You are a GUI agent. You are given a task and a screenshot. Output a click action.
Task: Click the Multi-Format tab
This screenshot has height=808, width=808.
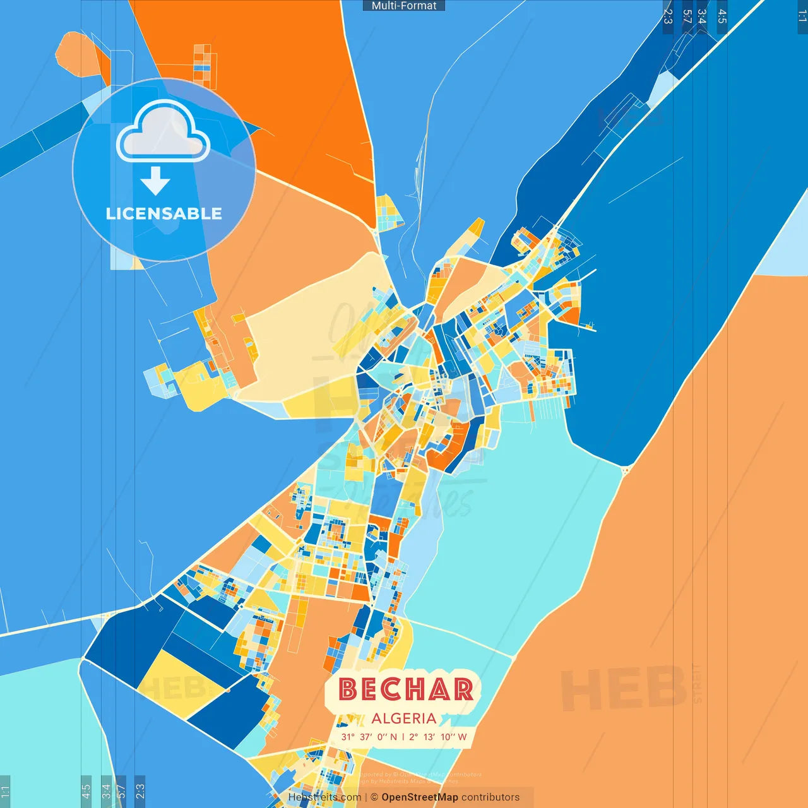tap(404, 6)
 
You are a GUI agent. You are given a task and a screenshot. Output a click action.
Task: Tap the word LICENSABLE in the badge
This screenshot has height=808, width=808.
tap(164, 213)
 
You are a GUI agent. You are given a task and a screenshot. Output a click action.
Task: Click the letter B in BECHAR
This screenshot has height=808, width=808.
tap(348, 689)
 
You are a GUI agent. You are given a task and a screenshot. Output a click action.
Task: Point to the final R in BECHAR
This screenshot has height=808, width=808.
tap(463, 689)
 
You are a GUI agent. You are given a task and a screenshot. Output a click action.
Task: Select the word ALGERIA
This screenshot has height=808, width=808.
tap(404, 718)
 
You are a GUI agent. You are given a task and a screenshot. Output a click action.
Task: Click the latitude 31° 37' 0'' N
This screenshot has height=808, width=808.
tap(369, 737)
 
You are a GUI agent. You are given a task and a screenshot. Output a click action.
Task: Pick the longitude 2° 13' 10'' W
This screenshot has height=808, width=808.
tap(438, 737)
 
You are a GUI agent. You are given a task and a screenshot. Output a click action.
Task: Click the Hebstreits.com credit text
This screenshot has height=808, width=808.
tap(324, 797)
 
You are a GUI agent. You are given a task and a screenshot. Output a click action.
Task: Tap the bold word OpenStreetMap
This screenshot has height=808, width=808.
tap(420, 797)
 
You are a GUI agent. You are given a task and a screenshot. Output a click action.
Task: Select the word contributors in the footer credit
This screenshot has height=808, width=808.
tap(490, 797)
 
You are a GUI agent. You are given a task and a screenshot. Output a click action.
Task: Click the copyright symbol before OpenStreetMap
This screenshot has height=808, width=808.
tap(374, 797)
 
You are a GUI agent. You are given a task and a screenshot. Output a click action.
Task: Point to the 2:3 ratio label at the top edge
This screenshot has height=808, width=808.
tap(668, 16)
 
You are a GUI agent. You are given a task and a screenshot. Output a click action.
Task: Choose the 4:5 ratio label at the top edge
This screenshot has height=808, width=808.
tap(722, 16)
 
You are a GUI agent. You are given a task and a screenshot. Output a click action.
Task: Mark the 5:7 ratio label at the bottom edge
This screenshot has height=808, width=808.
tap(121, 790)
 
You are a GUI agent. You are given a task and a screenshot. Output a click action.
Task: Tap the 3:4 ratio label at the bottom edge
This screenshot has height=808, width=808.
tap(106, 790)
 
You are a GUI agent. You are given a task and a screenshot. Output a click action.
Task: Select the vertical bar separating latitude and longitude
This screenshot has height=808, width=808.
tap(403, 737)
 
